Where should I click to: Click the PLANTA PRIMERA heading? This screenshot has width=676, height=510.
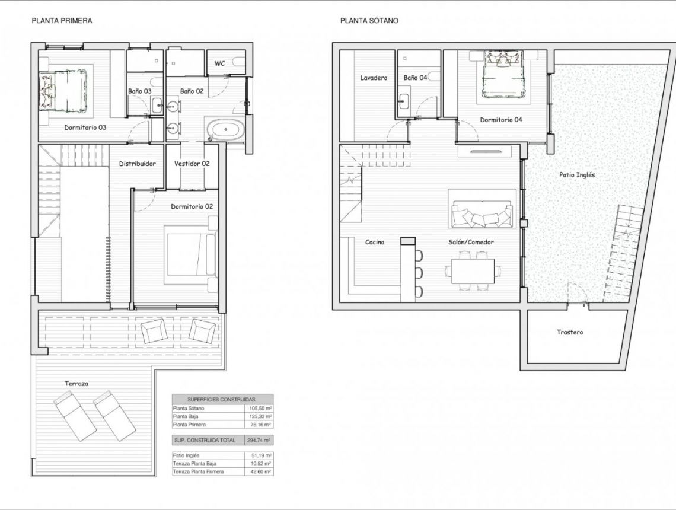click(61, 20)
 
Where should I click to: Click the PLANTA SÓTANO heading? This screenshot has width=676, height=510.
click(369, 20)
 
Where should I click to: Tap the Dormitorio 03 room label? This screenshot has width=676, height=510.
click(85, 127)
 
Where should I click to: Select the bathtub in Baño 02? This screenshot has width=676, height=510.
click(224, 129)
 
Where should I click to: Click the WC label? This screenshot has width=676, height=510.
click(219, 63)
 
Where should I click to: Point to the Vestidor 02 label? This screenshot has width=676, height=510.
click(192, 164)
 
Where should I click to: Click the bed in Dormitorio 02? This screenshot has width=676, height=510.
click(190, 254)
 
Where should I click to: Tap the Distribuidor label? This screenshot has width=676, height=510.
click(137, 164)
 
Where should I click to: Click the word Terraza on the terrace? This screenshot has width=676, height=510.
click(76, 384)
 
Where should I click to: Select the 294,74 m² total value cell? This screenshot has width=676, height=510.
click(259, 441)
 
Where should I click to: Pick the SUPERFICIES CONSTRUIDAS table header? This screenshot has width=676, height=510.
click(222, 399)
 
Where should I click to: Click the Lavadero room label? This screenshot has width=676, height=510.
click(374, 78)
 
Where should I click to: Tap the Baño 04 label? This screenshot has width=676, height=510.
click(415, 78)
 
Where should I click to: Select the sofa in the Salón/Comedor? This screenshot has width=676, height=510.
click(482, 215)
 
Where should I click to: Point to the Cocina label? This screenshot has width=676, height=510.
click(374, 242)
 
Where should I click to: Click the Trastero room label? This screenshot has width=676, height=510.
click(569, 332)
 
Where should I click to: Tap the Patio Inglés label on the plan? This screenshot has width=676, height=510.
click(576, 175)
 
